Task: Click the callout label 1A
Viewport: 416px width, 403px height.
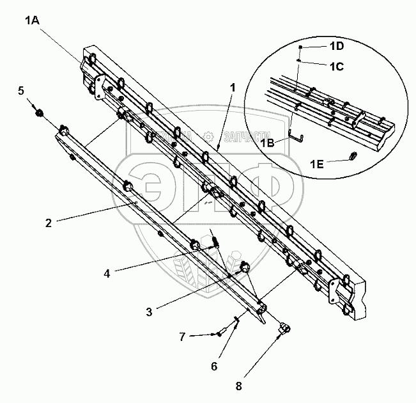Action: tap(32, 20)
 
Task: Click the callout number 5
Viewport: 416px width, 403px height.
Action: tap(21, 91)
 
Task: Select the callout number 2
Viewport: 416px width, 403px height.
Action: tap(48, 223)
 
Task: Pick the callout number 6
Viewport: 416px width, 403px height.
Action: tap(215, 366)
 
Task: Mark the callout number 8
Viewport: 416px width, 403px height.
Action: tap(239, 386)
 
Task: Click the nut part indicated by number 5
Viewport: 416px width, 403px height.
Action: tap(39, 114)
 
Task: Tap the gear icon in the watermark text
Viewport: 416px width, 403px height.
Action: tap(208, 136)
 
